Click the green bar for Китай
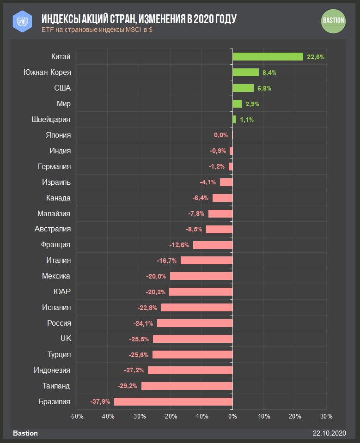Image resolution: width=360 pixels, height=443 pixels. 268,57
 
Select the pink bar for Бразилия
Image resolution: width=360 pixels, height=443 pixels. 173,401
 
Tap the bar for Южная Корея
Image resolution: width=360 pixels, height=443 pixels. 245,73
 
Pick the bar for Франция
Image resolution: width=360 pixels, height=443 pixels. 213,245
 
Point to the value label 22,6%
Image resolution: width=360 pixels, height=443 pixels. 316,57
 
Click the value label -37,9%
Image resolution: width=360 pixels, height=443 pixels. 100,401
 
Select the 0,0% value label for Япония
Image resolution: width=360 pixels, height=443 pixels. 221,135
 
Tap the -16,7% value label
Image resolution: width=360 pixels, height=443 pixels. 167,261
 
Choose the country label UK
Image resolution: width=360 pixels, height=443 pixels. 66,339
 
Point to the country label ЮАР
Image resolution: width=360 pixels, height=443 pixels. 62,291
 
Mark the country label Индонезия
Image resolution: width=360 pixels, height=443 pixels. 52,370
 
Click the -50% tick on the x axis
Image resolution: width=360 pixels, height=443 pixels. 76,416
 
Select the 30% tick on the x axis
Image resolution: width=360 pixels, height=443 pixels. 326,416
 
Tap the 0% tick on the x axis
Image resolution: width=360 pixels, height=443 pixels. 232,416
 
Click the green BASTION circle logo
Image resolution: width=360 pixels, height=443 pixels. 333,21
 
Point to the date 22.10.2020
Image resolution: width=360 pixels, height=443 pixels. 329,433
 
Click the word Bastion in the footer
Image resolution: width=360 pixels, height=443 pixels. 25,433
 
